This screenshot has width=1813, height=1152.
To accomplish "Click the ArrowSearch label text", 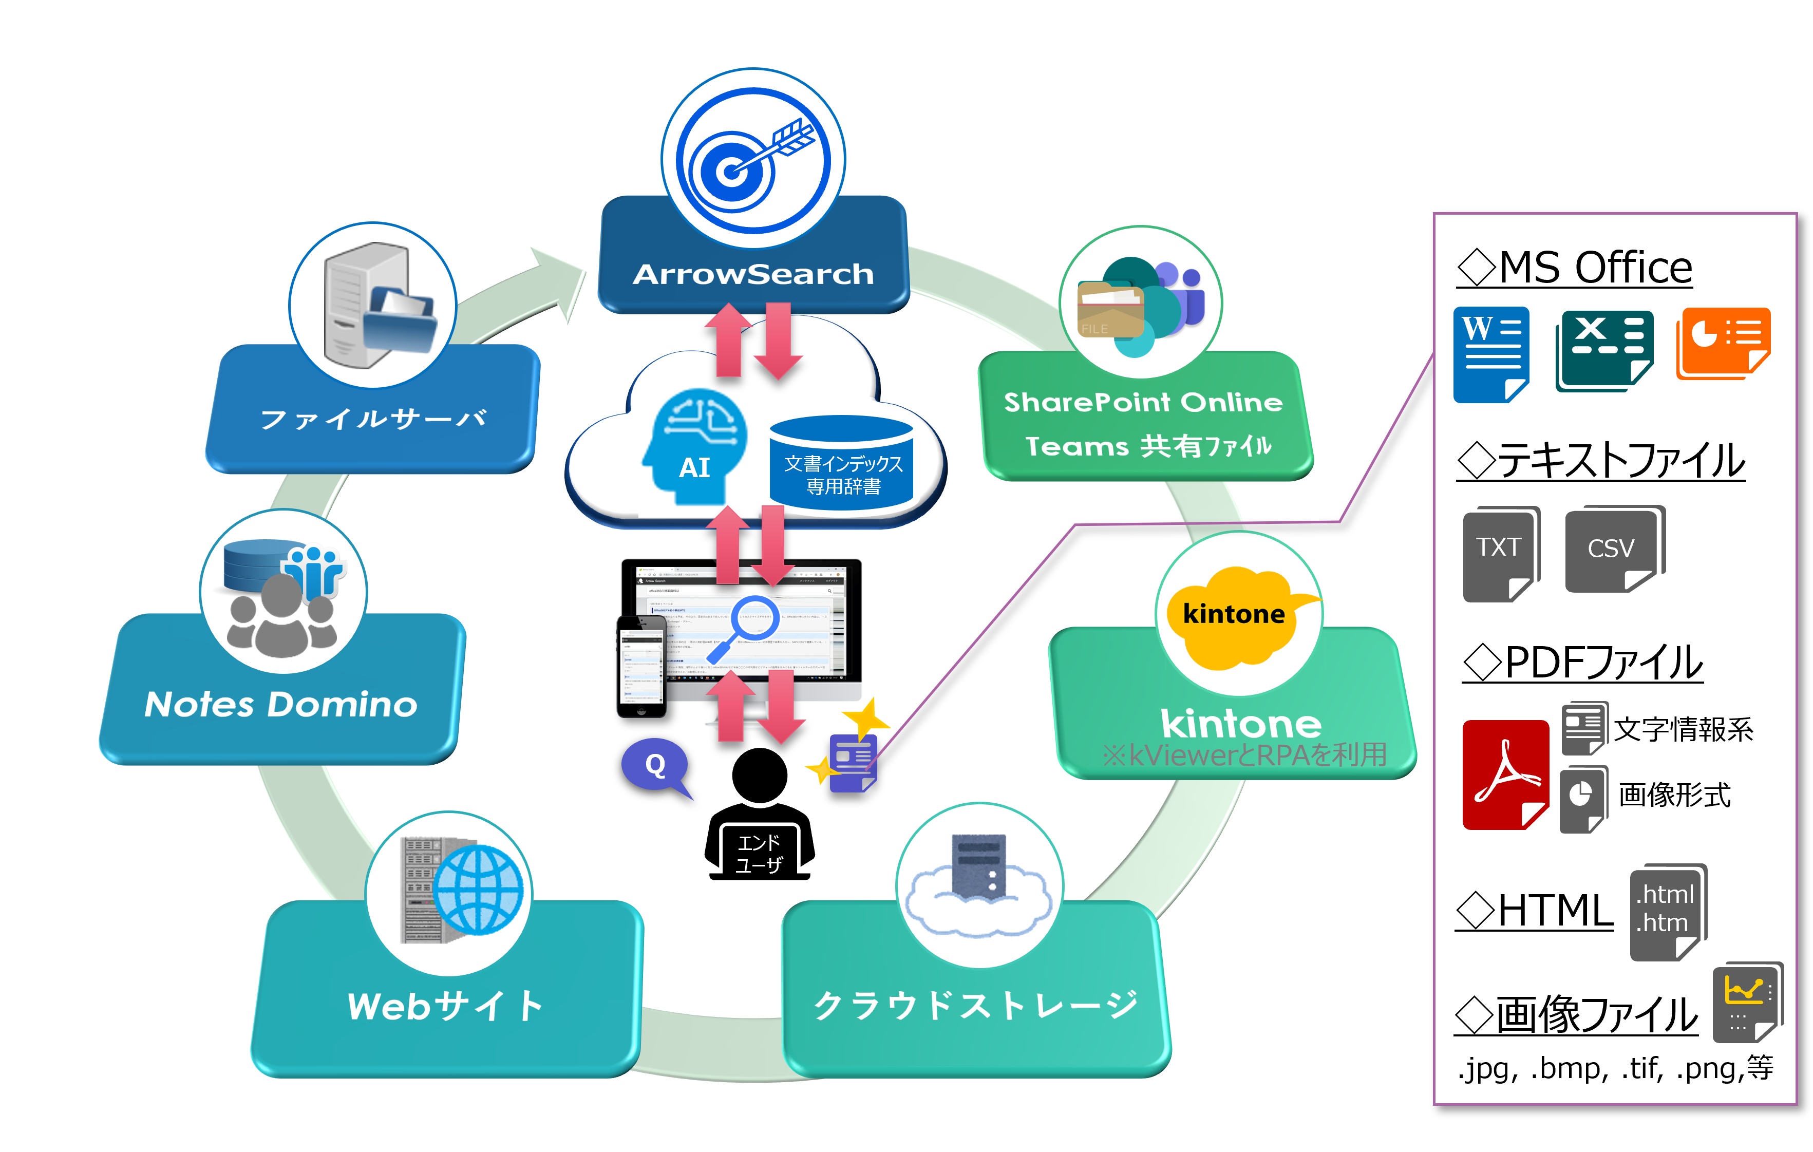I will click(x=753, y=275).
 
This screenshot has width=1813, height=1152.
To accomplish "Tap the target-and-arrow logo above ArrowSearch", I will click(x=753, y=160).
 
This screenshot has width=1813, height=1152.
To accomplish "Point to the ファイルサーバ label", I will click(x=373, y=419).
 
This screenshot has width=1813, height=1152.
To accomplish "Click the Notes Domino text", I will click(x=281, y=705).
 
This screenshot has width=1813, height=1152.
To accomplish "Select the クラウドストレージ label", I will click(x=976, y=1005).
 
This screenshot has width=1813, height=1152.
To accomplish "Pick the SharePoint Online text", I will click(x=1143, y=403).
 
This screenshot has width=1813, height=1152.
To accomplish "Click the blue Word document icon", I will click(x=1491, y=354).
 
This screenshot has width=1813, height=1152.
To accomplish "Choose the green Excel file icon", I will click(x=1603, y=350).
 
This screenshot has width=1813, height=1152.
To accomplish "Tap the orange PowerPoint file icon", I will click(x=1723, y=343).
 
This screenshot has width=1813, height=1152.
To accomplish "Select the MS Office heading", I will click(x=1575, y=268).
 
